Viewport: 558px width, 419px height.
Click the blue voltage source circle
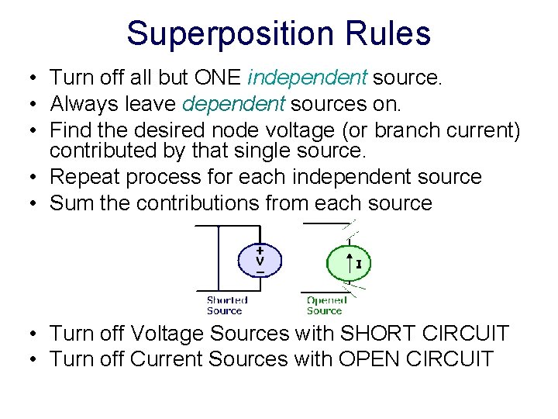coord(260,261)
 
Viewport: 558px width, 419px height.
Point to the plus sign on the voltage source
coord(260,250)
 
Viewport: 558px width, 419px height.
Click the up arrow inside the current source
coord(349,264)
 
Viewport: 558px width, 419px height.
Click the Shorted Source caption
coord(226,305)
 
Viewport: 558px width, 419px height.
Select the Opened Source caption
coord(325,305)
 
